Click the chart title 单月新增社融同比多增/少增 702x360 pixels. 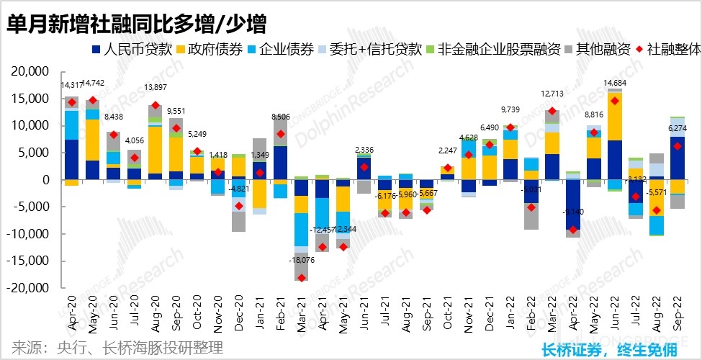(x=137, y=24)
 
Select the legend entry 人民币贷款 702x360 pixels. (x=137, y=50)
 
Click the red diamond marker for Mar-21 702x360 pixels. (x=301, y=278)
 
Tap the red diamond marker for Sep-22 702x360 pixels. (x=678, y=146)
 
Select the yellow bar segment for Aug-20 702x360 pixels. (x=155, y=150)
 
